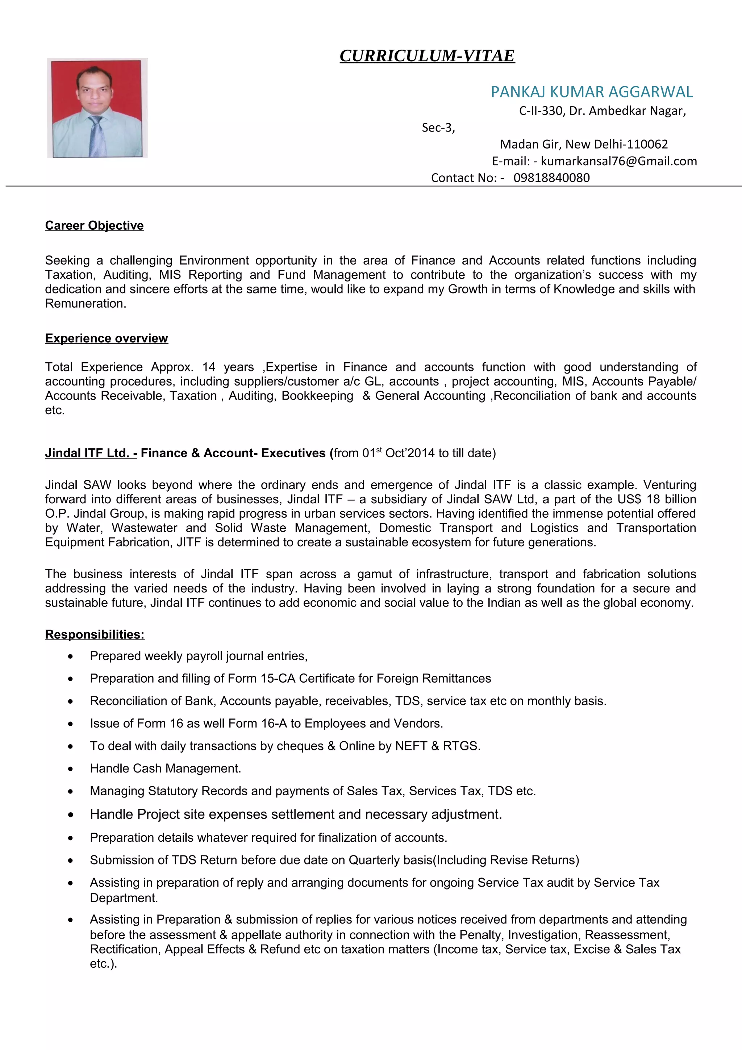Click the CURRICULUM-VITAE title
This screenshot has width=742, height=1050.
pos(427,56)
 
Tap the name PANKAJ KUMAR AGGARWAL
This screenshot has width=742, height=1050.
pos(592,92)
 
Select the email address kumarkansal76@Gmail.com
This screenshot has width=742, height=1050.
pos(618,161)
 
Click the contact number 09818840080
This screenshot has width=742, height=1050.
pos(551,178)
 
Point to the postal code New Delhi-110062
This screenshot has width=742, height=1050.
pos(616,145)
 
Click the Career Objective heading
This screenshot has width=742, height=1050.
pos(94,225)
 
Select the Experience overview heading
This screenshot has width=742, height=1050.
pos(107,338)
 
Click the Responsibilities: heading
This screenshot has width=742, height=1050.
pos(95,635)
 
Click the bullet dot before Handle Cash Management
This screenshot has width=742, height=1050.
pos(70,769)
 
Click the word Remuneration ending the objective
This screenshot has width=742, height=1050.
pos(85,304)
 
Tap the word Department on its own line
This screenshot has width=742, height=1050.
pos(124,898)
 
